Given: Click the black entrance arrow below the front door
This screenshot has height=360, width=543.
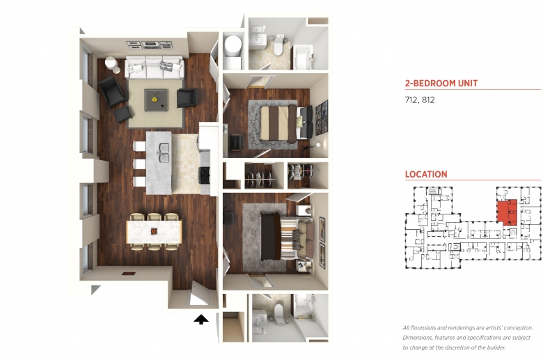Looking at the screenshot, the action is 201,320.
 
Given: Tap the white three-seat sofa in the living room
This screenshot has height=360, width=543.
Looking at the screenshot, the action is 154,68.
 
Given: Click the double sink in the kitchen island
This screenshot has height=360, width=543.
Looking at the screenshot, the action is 164,152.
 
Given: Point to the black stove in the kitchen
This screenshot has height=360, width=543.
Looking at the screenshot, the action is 204,175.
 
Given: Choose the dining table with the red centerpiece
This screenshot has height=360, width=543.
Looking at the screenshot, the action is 154,231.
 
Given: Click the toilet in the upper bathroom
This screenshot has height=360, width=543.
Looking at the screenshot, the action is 278,45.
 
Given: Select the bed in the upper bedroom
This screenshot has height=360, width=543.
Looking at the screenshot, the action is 281,123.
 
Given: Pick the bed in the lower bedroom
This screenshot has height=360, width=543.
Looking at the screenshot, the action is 287,235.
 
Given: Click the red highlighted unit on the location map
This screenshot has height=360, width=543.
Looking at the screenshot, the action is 507,212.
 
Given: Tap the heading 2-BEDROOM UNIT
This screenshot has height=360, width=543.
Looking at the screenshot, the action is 441,83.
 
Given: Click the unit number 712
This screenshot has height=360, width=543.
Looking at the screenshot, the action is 411,100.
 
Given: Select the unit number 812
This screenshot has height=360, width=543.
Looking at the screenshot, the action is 428,100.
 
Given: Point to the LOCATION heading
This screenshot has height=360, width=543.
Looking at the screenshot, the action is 426,174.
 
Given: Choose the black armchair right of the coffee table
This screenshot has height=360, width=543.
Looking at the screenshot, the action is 187,97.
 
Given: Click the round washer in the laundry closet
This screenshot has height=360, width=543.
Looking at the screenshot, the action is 233,45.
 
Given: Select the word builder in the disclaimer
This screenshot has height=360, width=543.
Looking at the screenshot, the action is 494,347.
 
